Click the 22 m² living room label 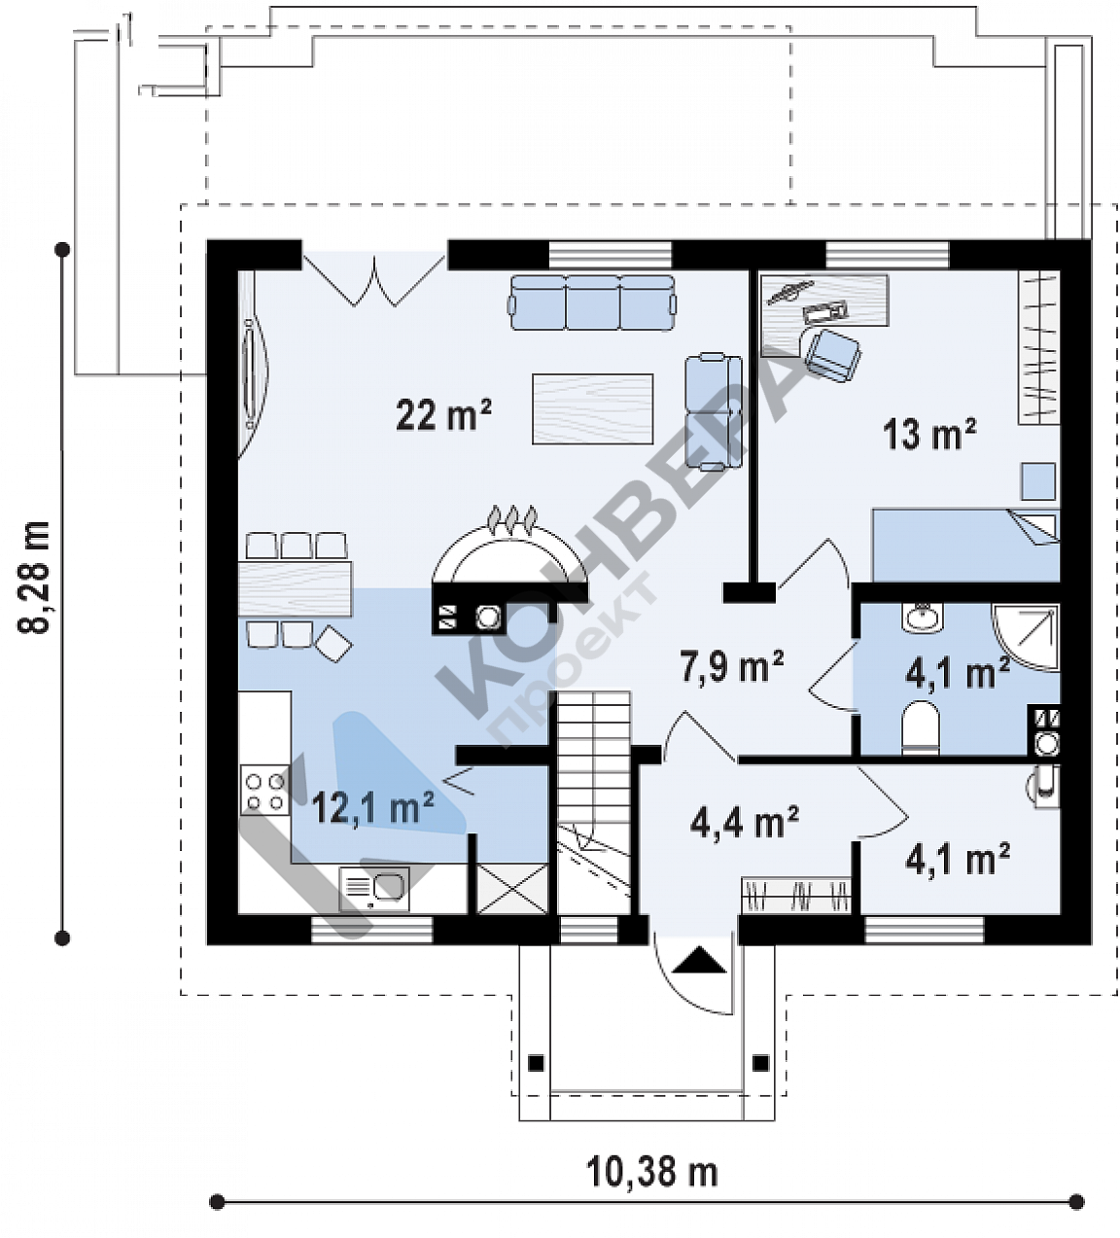[443, 414]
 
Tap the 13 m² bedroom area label [930, 434]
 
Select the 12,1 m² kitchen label [373, 807]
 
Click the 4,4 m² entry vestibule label [744, 823]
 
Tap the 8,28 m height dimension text [33, 577]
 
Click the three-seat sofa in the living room [592, 302]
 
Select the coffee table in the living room [592, 408]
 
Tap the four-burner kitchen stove [265, 791]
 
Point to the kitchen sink [374, 889]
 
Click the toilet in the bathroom [920, 728]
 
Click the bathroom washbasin [922, 618]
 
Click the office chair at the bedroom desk [831, 354]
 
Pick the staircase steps [594, 802]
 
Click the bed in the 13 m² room [965, 545]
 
